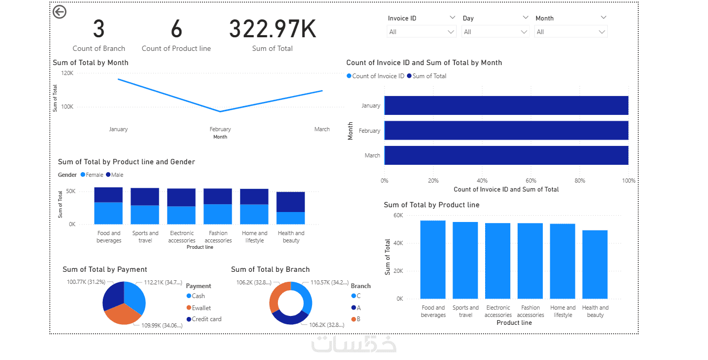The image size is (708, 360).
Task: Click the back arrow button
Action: tap(60, 12)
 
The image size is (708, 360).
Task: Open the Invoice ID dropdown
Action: tap(422, 32)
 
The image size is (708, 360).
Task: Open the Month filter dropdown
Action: tap(571, 32)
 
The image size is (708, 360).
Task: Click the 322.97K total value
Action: tap(272, 29)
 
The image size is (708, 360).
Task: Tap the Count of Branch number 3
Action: tap(99, 29)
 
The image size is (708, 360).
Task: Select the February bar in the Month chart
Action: tap(506, 131)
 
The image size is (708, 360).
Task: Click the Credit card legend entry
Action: tap(206, 319)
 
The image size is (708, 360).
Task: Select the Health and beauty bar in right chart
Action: tap(595, 264)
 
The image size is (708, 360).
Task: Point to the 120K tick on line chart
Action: tap(67, 73)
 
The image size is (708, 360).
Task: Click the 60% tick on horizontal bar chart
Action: tap(530, 181)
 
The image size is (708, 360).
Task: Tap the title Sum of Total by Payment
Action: tap(105, 270)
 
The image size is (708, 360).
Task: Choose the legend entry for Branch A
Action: tap(358, 308)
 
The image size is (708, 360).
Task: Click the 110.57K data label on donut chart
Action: tap(329, 283)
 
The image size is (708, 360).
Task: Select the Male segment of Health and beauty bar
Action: tap(291, 202)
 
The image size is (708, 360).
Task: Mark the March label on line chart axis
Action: tap(322, 129)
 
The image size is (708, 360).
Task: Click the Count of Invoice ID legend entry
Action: tap(378, 76)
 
